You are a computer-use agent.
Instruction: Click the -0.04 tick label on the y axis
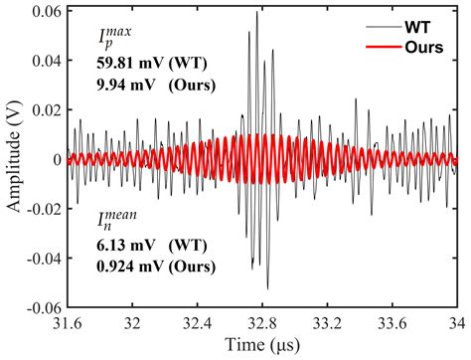click(43, 258)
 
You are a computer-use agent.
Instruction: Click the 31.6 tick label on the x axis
click(66, 323)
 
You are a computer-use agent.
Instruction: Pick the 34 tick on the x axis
click(456, 323)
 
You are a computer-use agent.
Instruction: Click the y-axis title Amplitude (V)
click(14, 159)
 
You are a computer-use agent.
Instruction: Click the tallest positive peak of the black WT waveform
click(257, 12)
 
